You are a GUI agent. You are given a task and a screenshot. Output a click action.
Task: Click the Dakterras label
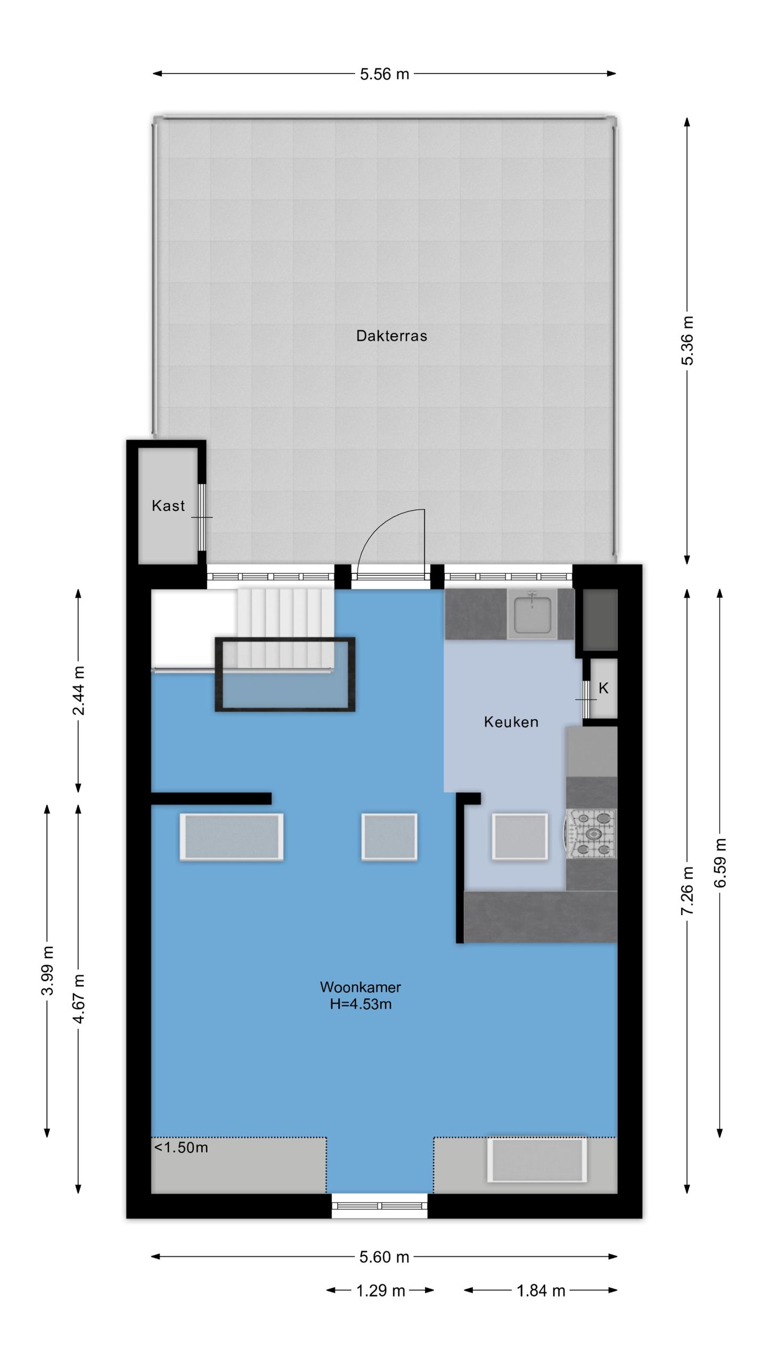pyautogui.click(x=391, y=336)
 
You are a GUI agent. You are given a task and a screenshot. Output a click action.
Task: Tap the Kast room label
pyautogui.click(x=168, y=505)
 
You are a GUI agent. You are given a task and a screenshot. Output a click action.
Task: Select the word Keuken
pyautogui.click(x=511, y=722)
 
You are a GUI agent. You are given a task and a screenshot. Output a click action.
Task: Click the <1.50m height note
pyautogui.click(x=181, y=1147)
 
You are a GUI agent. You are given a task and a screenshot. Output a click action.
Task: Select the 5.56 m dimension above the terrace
pyautogui.click(x=385, y=74)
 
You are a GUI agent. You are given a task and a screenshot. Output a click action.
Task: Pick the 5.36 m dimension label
pyautogui.click(x=688, y=340)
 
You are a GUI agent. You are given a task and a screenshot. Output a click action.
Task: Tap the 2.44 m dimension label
pyautogui.click(x=78, y=691)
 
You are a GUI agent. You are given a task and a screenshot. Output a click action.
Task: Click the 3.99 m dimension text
pyautogui.click(x=47, y=970)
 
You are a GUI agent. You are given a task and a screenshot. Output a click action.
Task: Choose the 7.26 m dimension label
pyautogui.click(x=688, y=891)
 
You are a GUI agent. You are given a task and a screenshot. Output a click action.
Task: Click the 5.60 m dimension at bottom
pyautogui.click(x=385, y=1257)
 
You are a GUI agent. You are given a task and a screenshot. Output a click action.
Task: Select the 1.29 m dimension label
pyautogui.click(x=380, y=1290)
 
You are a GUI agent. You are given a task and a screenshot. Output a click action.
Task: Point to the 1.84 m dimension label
pyautogui.click(x=541, y=1290)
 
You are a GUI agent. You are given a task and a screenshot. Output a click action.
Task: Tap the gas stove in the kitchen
pyautogui.click(x=591, y=833)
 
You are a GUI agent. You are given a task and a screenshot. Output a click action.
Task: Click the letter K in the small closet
pyautogui.click(x=603, y=688)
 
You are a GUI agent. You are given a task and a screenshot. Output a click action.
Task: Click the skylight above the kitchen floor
pyautogui.click(x=520, y=836)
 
